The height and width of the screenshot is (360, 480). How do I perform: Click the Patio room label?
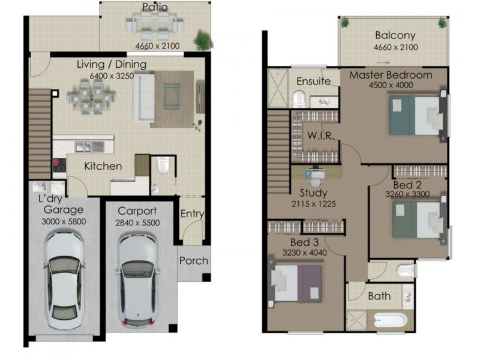pos(155,8)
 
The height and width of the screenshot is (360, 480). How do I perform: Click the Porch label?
pos(194,260)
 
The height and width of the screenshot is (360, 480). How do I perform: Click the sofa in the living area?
pos(145,97)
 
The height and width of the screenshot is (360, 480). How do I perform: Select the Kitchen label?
pos(103,166)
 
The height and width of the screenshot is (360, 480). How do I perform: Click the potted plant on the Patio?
pos(203,40)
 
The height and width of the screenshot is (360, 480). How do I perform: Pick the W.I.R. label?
pos(317,134)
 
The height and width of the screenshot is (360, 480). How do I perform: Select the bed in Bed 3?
pos(296,283)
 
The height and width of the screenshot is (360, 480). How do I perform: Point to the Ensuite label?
pos(313,81)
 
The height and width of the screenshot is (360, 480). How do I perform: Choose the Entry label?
pos(192,214)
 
